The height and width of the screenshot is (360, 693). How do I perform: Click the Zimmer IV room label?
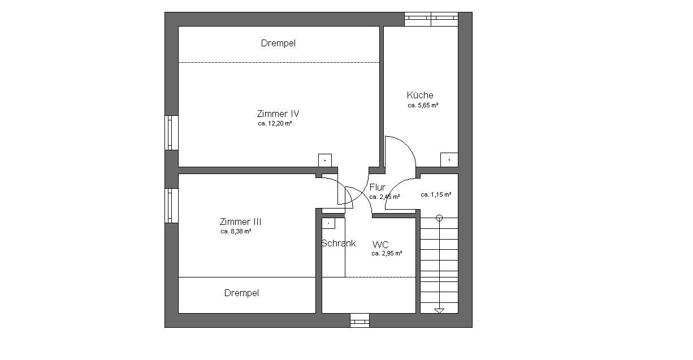click(278, 114)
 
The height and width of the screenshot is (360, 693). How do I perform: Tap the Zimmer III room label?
click(240, 222)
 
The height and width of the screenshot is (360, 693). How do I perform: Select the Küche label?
click(420, 95)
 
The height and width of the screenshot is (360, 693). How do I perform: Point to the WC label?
click(380, 245)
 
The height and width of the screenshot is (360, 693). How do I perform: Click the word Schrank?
click(339, 243)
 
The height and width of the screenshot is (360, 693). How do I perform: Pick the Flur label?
click(378, 187)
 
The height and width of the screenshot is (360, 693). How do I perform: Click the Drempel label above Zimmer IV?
click(278, 43)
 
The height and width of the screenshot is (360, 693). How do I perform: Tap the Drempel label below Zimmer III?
click(241, 293)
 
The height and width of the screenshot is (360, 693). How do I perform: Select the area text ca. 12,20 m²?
click(275, 123)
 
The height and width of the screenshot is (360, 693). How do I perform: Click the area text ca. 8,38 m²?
click(236, 231)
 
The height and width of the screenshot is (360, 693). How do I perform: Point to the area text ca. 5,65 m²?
click(423, 105)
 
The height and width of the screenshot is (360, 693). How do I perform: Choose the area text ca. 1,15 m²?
click(436, 194)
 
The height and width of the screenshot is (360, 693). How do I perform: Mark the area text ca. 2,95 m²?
click(387, 254)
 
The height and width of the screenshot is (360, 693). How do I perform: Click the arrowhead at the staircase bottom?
click(439, 311)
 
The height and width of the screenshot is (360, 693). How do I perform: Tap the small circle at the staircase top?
click(439, 218)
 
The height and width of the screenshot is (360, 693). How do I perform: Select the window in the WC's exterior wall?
click(360, 320)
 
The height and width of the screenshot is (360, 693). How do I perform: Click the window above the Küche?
click(431, 19)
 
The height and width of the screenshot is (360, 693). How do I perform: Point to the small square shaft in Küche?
click(449, 160)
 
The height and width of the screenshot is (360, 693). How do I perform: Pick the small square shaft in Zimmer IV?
click(325, 161)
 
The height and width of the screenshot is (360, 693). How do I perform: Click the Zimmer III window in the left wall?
click(171, 206)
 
